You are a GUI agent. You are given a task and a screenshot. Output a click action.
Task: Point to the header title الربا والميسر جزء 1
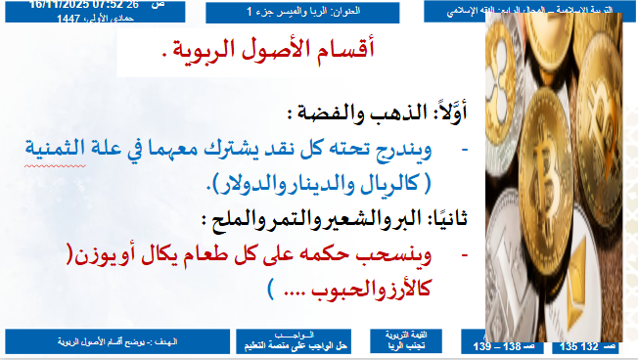299,12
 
